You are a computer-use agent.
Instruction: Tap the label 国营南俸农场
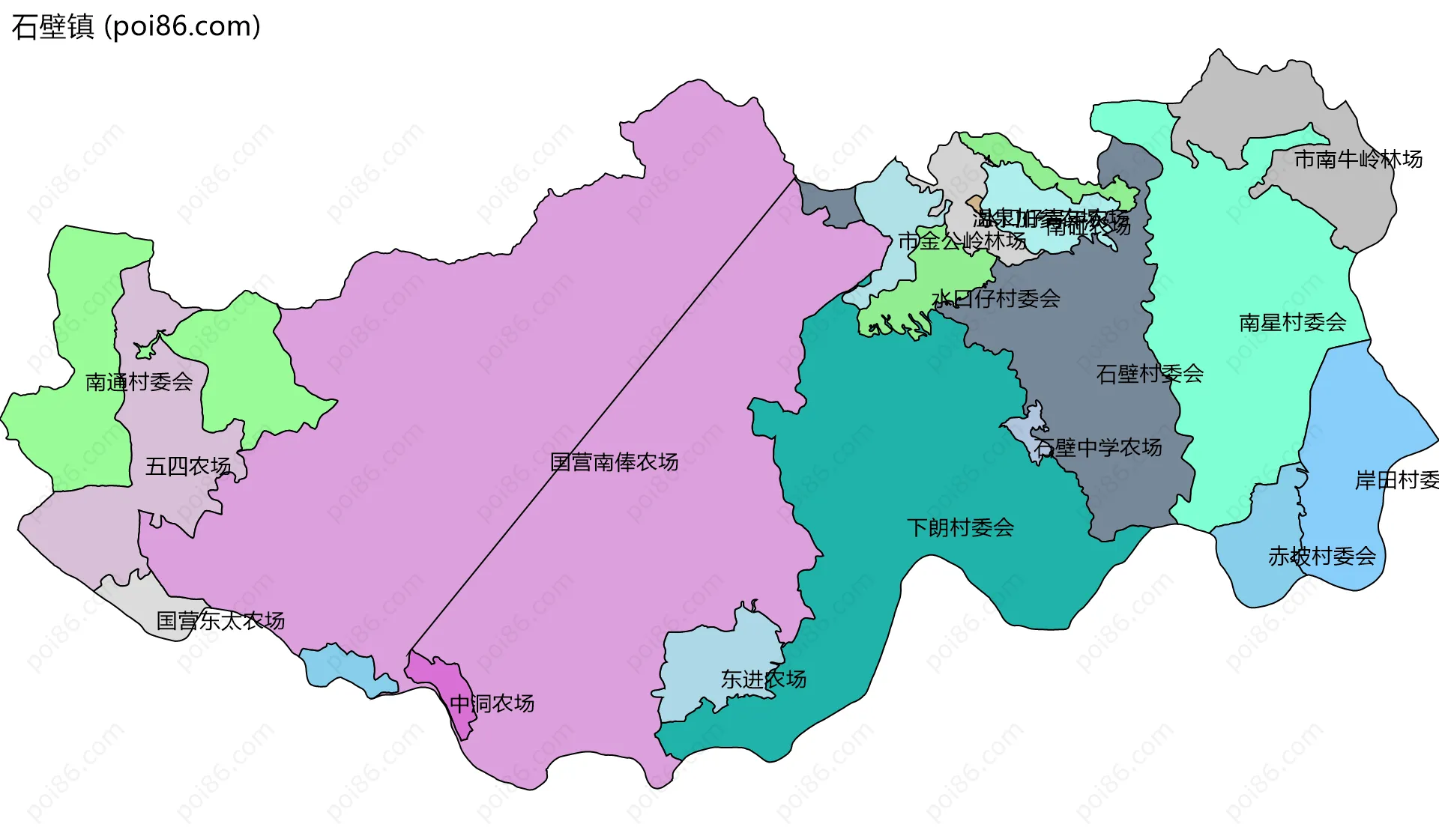614,462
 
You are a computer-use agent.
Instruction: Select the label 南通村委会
139,382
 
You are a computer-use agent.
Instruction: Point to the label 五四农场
187,467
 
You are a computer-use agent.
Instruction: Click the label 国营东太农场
220,621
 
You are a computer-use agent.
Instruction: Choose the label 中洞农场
492,703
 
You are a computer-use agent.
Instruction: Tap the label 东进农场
763,679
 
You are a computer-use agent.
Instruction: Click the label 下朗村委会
960,527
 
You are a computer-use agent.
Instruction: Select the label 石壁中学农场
1098,448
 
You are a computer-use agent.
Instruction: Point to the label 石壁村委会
1150,374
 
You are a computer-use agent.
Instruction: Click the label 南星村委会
1293,323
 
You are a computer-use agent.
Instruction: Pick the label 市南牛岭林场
1358,160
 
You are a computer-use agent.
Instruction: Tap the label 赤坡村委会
1322,556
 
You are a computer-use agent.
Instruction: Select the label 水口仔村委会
995,299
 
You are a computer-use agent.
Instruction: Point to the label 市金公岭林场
962,241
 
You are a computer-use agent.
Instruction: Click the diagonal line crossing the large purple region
600,419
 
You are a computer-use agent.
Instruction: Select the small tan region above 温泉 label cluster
974,203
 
